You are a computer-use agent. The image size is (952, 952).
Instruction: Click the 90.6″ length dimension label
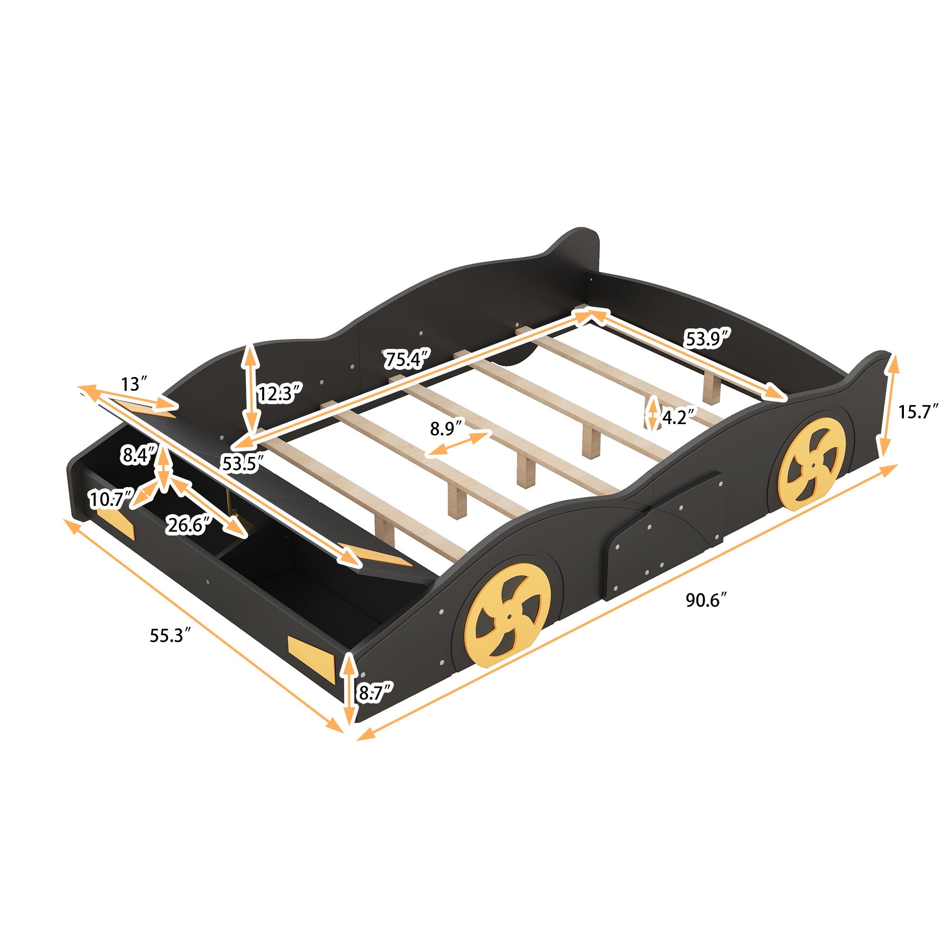(706, 600)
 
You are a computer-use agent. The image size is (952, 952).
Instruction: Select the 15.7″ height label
(918, 411)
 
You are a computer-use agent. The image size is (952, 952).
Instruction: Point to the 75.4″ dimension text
(407, 359)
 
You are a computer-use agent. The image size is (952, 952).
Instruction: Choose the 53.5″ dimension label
(242, 463)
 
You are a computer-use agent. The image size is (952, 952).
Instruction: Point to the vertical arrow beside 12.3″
(251, 389)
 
